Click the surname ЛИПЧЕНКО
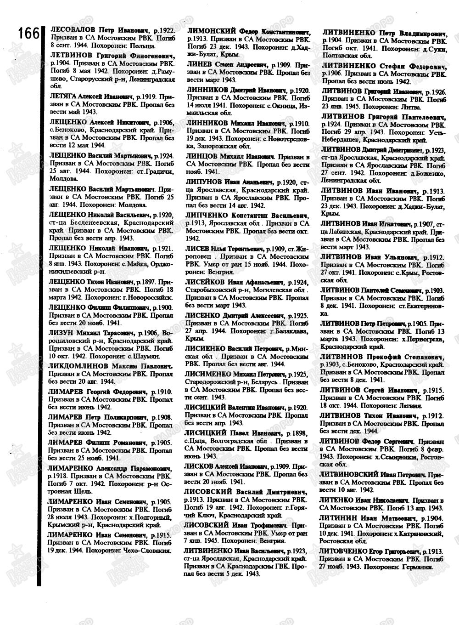207,215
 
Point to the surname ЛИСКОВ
198,466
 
